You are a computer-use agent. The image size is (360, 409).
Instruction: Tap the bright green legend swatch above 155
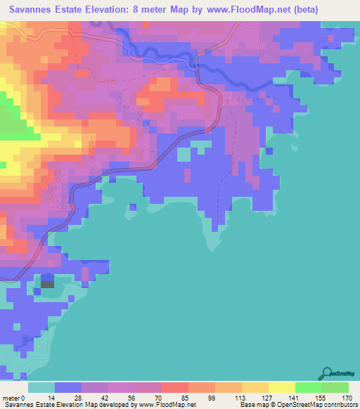pos(308,387)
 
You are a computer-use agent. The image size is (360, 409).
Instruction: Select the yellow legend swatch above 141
pos(281,387)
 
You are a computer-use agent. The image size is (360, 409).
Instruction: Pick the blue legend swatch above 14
pos(67,387)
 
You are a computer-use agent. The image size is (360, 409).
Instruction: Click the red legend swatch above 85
pos(174,387)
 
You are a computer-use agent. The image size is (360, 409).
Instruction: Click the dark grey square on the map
pos(47,283)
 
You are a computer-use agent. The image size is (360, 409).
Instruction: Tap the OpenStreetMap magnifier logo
pos(327,372)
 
